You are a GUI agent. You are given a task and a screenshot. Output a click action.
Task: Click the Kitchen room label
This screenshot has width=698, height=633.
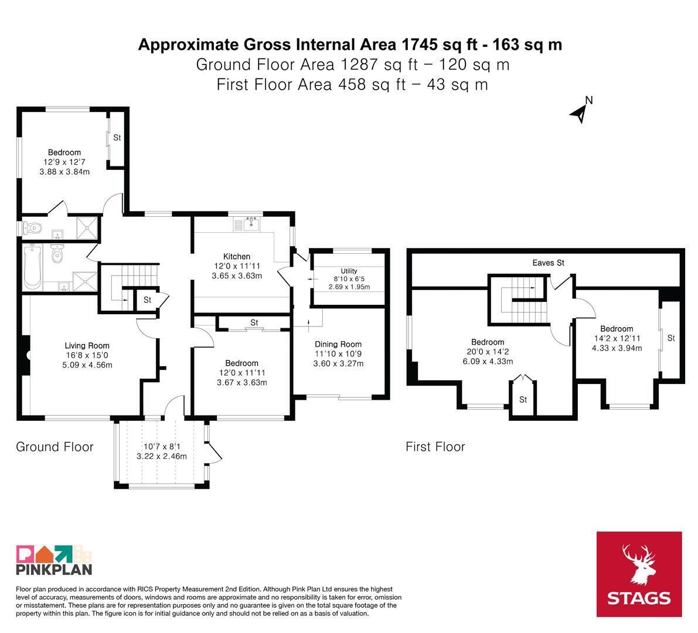(x=236, y=256)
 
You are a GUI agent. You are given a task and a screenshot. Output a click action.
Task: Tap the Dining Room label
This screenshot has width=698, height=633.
(x=338, y=344)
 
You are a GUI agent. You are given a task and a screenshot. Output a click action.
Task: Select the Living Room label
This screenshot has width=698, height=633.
(x=87, y=345)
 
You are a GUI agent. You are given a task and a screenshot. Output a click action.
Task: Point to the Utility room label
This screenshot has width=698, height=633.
(x=349, y=271)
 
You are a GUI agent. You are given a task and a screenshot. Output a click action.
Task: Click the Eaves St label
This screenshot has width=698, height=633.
(x=548, y=263)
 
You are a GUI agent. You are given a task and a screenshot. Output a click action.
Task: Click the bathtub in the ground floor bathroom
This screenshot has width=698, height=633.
(x=32, y=267)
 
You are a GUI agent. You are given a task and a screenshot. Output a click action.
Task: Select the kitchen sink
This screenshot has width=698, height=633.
(x=252, y=223)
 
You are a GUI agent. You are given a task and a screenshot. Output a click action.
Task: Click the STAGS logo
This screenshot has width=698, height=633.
(x=639, y=574)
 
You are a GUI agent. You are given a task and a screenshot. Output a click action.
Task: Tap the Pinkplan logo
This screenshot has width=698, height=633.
(x=54, y=560)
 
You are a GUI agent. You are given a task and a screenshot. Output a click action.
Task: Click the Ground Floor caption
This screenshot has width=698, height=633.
(x=55, y=447)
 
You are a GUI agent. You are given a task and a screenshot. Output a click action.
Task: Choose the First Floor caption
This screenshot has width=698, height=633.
(x=435, y=447)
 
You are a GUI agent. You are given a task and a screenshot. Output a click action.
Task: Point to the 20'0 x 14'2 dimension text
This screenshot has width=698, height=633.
(x=488, y=352)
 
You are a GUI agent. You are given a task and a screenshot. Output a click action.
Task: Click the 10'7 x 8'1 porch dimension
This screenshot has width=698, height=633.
(x=162, y=447)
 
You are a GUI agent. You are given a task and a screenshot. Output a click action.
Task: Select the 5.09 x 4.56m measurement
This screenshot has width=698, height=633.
(x=87, y=365)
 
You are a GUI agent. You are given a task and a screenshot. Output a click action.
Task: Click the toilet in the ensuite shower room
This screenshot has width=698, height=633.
(x=34, y=229)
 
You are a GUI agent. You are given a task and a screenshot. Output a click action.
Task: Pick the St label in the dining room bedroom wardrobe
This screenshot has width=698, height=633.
(x=254, y=322)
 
